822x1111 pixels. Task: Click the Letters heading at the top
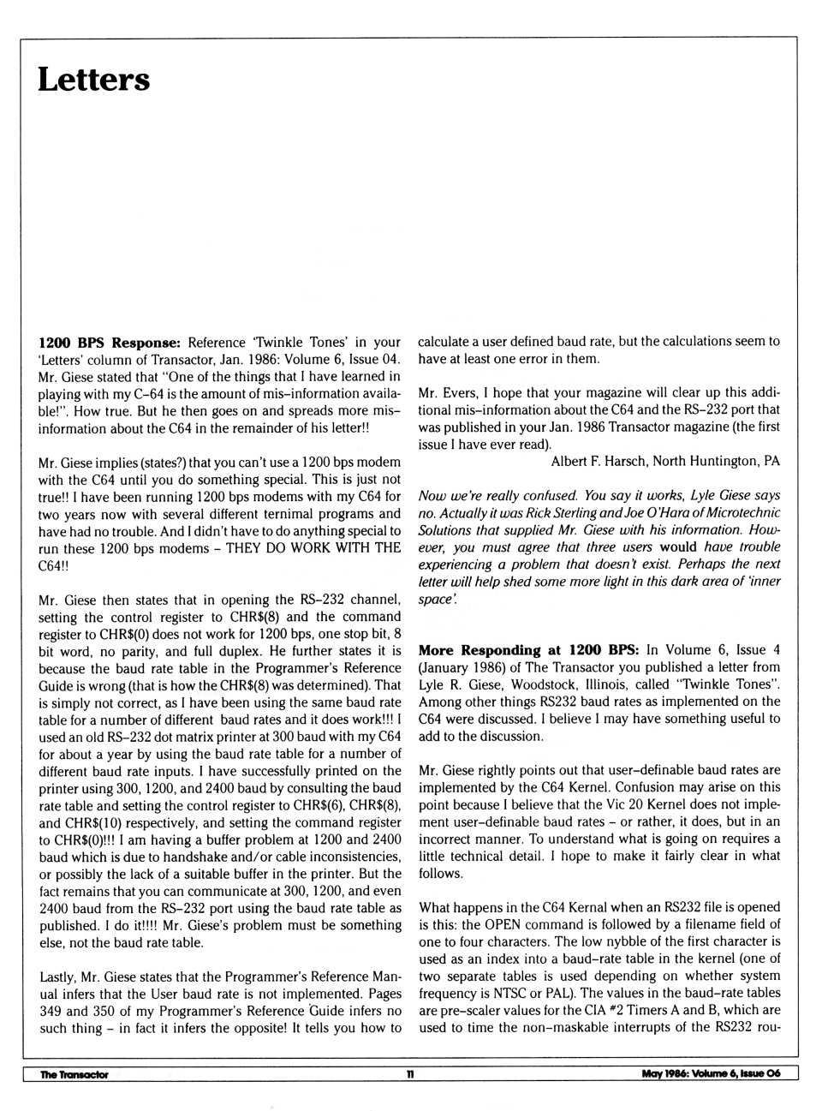93,80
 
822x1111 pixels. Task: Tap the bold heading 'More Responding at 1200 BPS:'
528,650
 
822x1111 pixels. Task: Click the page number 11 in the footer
410,1074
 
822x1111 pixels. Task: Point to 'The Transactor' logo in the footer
74,1074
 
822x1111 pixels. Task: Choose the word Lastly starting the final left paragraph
57,977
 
